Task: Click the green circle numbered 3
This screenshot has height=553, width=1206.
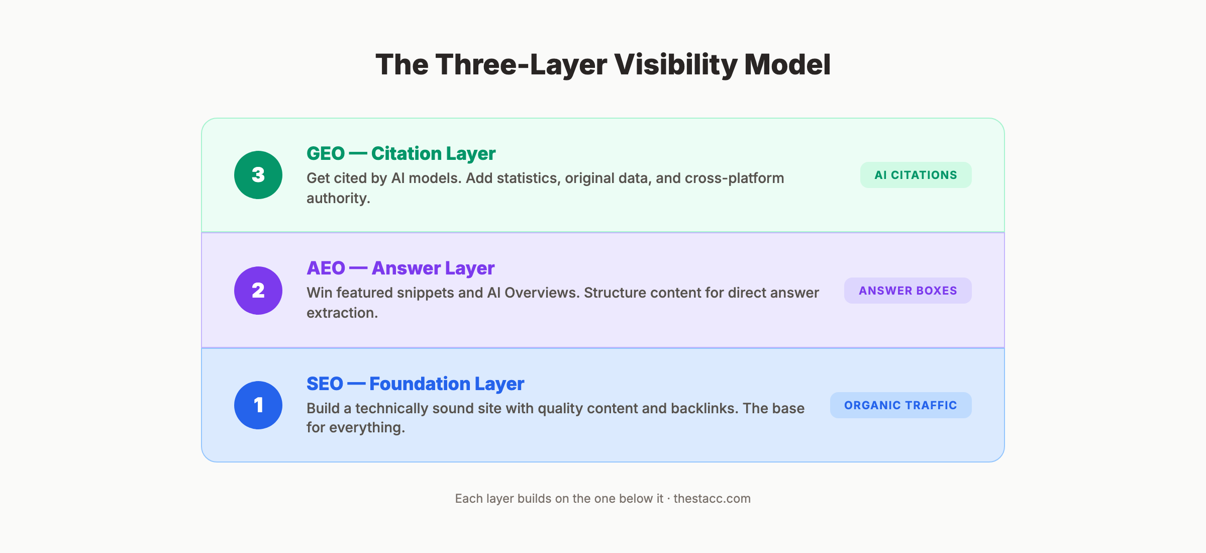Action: coord(258,175)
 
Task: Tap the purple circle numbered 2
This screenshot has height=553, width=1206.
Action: coord(258,291)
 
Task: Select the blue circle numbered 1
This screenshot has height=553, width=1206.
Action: coord(258,405)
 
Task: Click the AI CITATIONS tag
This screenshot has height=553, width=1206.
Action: coord(916,175)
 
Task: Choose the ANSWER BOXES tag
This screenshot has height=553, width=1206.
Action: coord(908,291)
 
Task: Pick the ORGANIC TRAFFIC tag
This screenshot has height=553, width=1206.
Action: coord(900,405)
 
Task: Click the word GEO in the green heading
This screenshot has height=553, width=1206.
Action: coord(326,154)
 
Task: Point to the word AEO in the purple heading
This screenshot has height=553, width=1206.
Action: coord(326,268)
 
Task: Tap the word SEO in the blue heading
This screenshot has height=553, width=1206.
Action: coord(325,384)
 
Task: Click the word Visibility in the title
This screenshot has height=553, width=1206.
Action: coord(675,65)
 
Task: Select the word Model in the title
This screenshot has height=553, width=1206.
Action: coord(787,65)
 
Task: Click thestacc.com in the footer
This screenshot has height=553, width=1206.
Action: coord(712,499)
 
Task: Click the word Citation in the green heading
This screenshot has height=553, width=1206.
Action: coord(406,154)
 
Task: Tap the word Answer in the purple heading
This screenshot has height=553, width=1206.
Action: coord(406,268)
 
